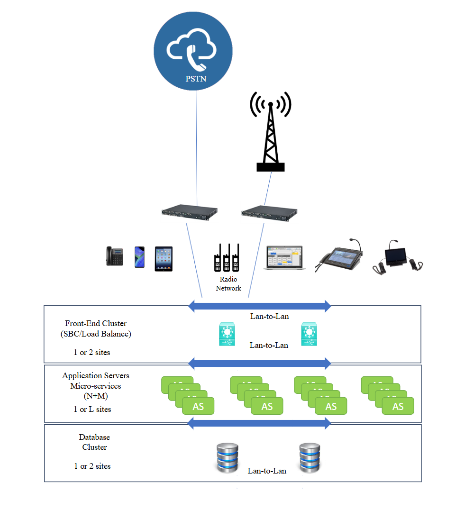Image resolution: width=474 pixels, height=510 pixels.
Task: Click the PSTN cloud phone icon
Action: (x=192, y=49)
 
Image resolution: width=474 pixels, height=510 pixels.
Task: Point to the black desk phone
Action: (x=114, y=256)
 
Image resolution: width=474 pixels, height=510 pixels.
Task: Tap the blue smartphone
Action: (x=139, y=257)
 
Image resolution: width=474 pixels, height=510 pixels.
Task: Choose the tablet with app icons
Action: (x=164, y=258)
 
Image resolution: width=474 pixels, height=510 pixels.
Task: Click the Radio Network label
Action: (x=228, y=283)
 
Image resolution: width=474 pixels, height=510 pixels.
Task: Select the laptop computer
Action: (x=284, y=258)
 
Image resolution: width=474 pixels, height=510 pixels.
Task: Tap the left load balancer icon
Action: (x=227, y=334)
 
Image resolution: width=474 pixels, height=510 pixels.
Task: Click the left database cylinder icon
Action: (x=227, y=457)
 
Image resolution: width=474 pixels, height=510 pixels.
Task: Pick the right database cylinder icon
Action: (x=310, y=457)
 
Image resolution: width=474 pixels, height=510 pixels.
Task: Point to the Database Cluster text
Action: (x=94, y=442)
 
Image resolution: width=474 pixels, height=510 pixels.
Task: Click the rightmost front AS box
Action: (x=398, y=406)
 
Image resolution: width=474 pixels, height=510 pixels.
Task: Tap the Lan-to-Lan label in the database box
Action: (x=267, y=471)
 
